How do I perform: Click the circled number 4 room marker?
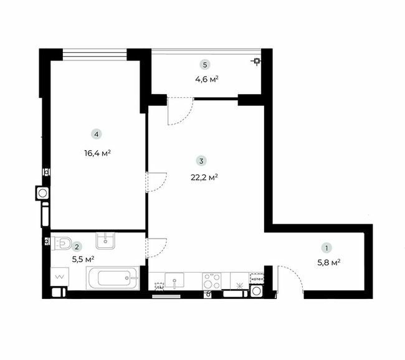(95, 133)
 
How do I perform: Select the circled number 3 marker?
(201, 160)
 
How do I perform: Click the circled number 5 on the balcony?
(204, 64)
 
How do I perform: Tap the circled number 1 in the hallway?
(325, 246)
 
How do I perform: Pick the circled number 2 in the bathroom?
(76, 247)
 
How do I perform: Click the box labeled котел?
(257, 279)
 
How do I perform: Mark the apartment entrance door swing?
(290, 278)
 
